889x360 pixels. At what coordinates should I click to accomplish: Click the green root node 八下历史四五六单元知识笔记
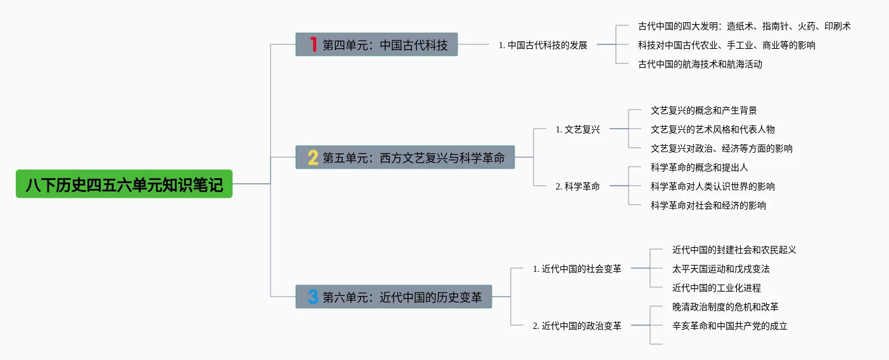pyautogui.click(x=124, y=184)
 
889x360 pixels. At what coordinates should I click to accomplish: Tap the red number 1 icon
pyautogui.click(x=312, y=44)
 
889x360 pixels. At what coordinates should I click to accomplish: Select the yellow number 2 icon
pyautogui.click(x=313, y=157)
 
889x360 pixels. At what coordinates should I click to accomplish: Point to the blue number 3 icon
pyautogui.click(x=313, y=297)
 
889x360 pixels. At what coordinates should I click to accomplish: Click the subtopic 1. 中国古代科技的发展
pyautogui.click(x=543, y=45)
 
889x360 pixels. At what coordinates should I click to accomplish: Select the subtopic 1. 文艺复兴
pyautogui.click(x=577, y=129)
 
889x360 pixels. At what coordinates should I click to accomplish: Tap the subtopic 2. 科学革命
pyautogui.click(x=577, y=186)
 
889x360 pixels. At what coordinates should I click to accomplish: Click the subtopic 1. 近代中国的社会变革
pyautogui.click(x=577, y=269)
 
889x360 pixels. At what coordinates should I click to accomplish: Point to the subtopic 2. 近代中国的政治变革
pyautogui.click(x=577, y=326)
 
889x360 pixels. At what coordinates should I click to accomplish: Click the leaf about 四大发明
pyautogui.click(x=744, y=26)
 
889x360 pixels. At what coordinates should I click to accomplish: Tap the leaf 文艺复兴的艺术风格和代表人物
pyautogui.click(x=712, y=129)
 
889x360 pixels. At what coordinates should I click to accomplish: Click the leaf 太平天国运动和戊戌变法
pyautogui.click(x=720, y=269)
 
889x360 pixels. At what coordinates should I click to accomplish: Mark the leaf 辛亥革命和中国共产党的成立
pyautogui.click(x=729, y=326)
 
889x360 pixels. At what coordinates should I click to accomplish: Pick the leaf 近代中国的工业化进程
pyautogui.click(x=716, y=288)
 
